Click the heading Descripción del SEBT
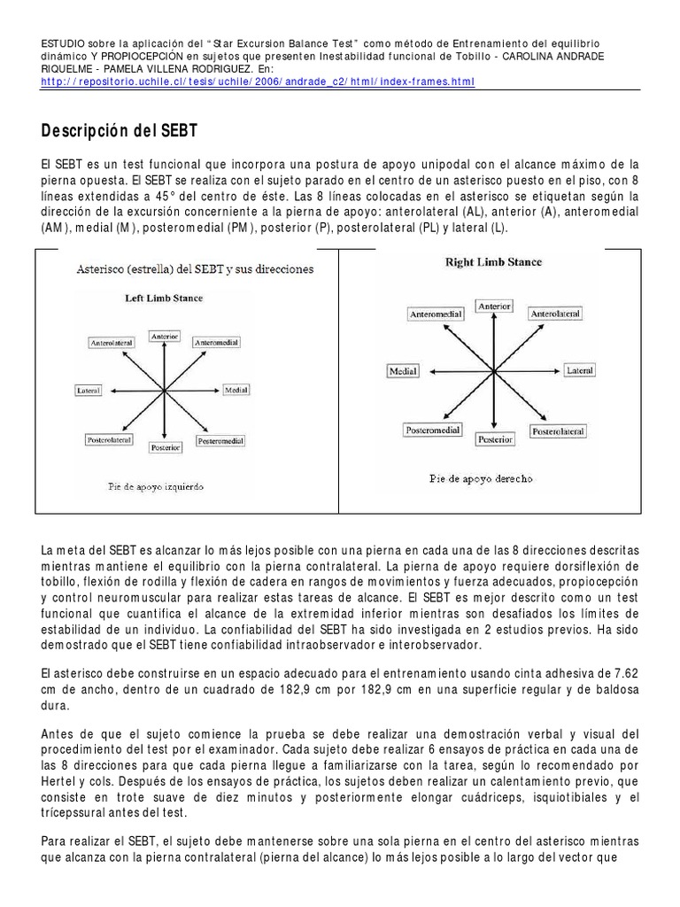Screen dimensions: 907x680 [120, 131]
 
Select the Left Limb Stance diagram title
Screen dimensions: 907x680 [164, 298]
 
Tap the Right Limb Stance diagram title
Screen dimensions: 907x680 [494, 262]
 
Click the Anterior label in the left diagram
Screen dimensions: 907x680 [165, 337]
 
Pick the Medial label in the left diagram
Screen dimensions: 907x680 [236, 390]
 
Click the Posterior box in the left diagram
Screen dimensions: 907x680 [166, 448]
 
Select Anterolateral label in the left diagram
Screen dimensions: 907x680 [112, 342]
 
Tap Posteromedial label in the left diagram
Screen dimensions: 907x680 [220, 440]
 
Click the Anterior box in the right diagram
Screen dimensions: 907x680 [494, 306]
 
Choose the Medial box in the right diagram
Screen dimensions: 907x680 [403, 371]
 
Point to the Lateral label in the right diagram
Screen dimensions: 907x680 [580, 370]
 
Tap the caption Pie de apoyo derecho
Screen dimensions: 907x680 [481, 478]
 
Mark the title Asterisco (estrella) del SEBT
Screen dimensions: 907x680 [185, 268]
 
